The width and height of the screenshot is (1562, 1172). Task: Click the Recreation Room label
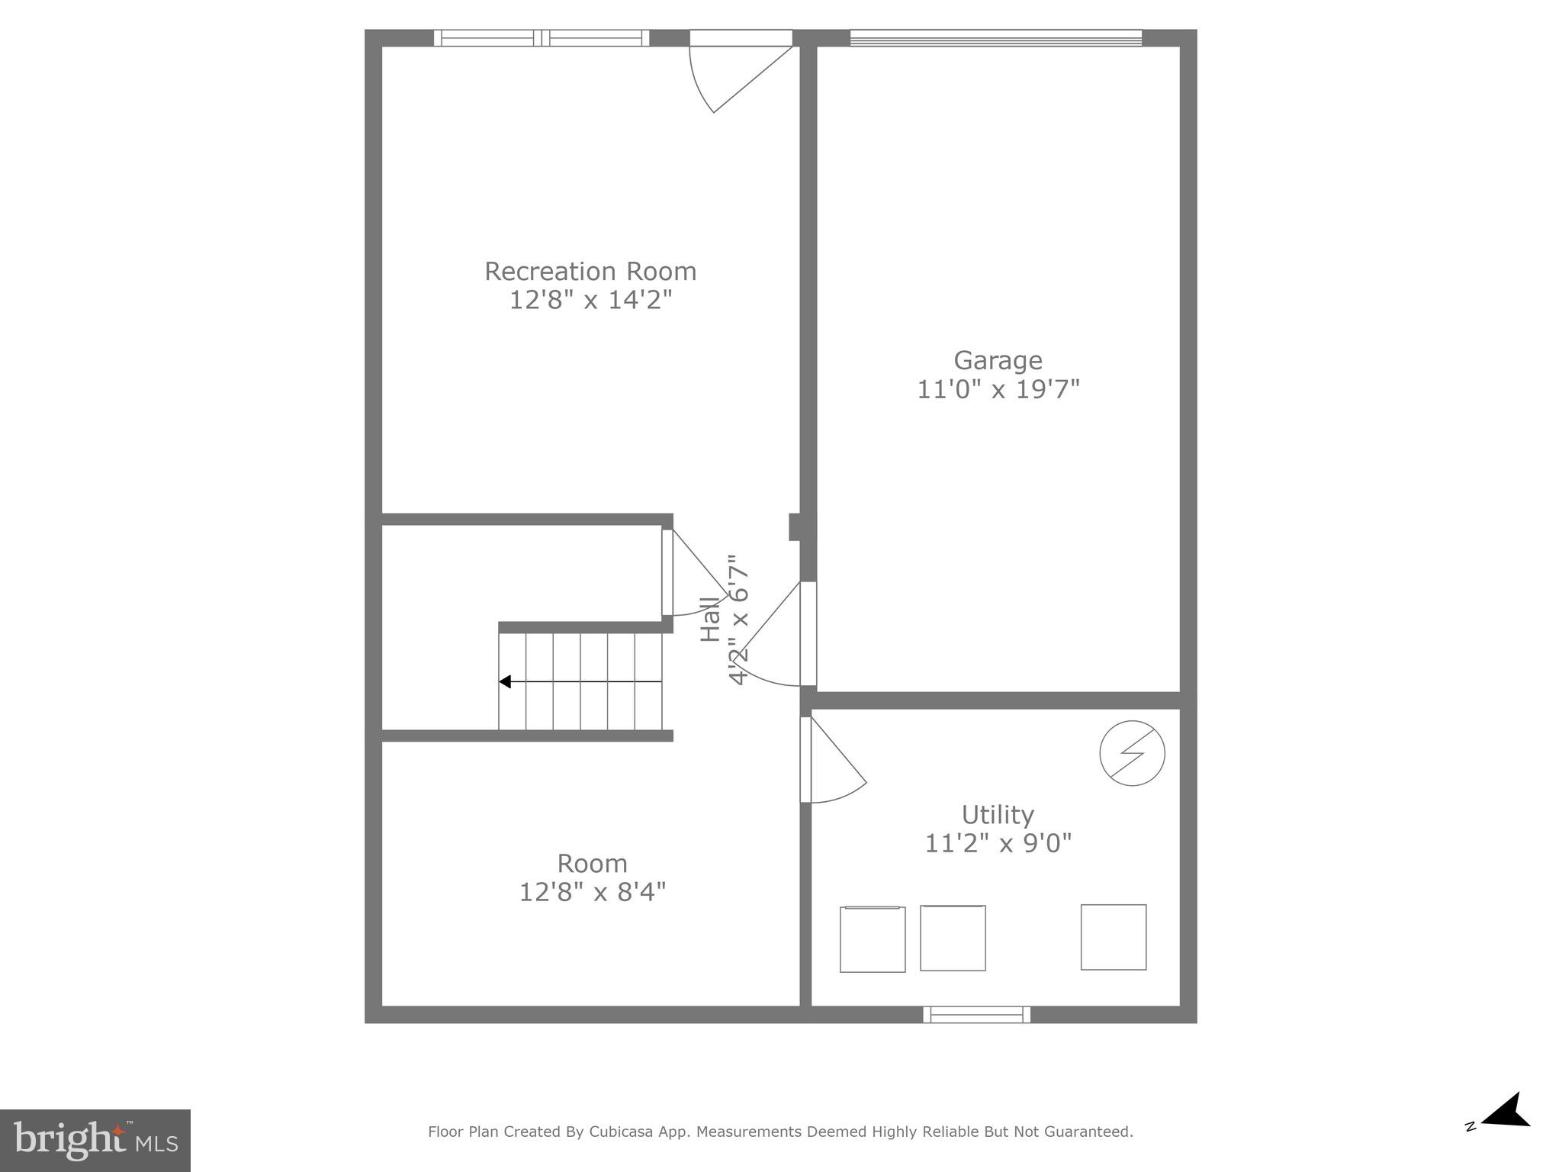(590, 272)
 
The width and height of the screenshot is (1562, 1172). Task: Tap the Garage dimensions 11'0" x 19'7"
(998, 390)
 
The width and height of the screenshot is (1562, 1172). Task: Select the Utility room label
(998, 815)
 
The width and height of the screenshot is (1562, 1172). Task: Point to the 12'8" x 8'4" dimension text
(593, 892)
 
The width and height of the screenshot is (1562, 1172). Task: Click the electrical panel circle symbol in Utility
(1132, 753)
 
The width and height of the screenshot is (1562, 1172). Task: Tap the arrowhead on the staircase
(505, 681)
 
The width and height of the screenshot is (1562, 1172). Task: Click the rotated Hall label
(710, 619)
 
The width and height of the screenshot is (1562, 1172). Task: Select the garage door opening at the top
(995, 38)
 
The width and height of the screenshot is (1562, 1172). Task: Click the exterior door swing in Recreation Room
(732, 76)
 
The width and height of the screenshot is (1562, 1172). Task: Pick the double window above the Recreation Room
(542, 38)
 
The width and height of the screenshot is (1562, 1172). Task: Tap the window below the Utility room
(976, 1015)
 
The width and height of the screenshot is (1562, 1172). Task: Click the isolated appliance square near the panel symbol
(1113, 937)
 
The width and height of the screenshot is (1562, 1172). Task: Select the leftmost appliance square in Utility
(873, 939)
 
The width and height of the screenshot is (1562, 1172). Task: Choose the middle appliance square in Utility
(953, 938)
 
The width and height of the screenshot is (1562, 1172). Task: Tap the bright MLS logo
(95, 1141)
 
